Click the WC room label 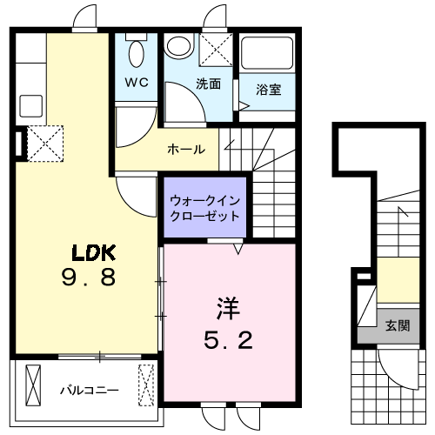(x=137, y=83)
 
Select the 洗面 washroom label (x=208, y=84)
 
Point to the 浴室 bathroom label (x=267, y=89)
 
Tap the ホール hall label (x=186, y=149)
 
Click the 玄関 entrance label (x=397, y=326)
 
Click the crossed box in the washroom (x=214, y=48)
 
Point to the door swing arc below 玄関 (x=391, y=361)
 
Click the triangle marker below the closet (x=238, y=248)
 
